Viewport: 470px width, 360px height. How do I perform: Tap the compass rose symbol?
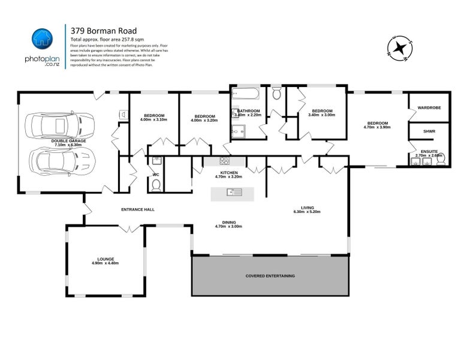point(398,49)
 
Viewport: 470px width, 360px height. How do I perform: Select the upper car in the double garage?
point(54,126)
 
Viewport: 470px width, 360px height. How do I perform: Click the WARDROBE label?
point(429,108)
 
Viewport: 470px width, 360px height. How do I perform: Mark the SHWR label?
point(429,131)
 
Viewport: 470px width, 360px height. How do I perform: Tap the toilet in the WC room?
point(156,186)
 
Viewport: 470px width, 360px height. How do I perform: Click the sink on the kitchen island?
point(233,192)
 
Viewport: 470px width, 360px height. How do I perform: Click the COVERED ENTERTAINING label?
point(270,275)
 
